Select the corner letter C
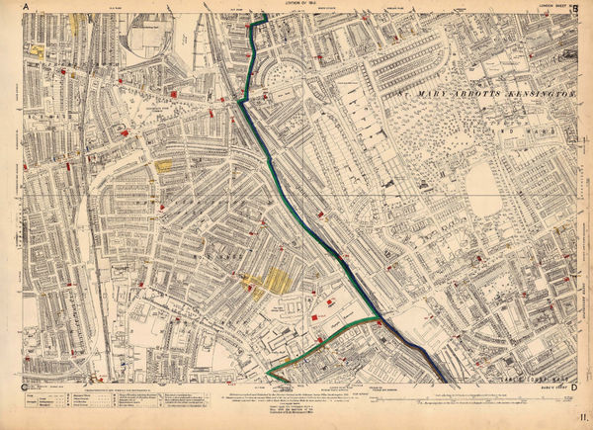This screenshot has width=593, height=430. click(23, 386)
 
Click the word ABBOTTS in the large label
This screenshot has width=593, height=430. click(456, 92)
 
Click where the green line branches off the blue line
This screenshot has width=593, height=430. click(378, 320)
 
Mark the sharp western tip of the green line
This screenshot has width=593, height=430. click(267, 373)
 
